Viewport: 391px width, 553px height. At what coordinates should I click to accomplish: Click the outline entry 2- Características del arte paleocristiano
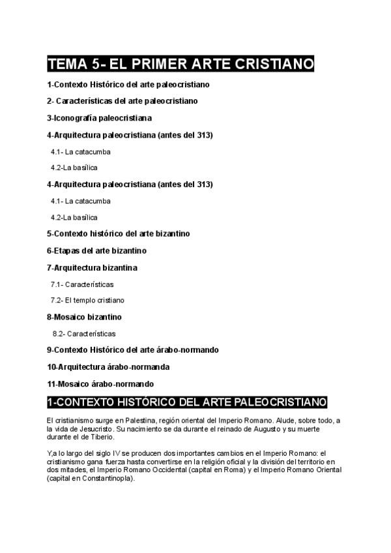coord(122,101)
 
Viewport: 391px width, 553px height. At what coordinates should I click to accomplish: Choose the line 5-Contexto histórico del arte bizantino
coord(118,233)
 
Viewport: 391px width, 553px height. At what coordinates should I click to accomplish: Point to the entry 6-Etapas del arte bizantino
coord(96,250)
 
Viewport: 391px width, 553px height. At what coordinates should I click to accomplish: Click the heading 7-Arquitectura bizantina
coord(92,267)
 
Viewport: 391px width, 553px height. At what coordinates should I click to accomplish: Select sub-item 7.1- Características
coord(82,284)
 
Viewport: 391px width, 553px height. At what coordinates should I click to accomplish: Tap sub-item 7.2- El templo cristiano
coord(87,301)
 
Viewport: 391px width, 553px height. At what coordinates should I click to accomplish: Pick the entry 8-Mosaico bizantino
coord(84,317)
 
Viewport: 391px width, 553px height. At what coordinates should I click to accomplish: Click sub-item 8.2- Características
coord(84,333)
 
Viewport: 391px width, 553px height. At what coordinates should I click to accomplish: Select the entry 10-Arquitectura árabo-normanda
coord(108,366)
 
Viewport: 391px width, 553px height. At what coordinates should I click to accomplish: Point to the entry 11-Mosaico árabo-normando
coord(100,383)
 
